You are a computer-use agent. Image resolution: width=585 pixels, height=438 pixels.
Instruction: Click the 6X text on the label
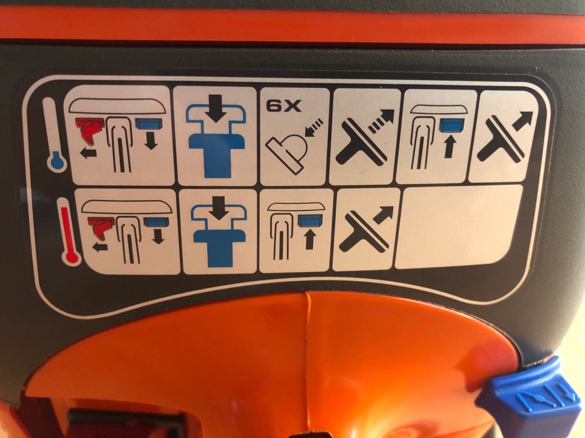point(284,107)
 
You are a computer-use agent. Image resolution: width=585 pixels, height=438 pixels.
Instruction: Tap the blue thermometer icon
point(56,135)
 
